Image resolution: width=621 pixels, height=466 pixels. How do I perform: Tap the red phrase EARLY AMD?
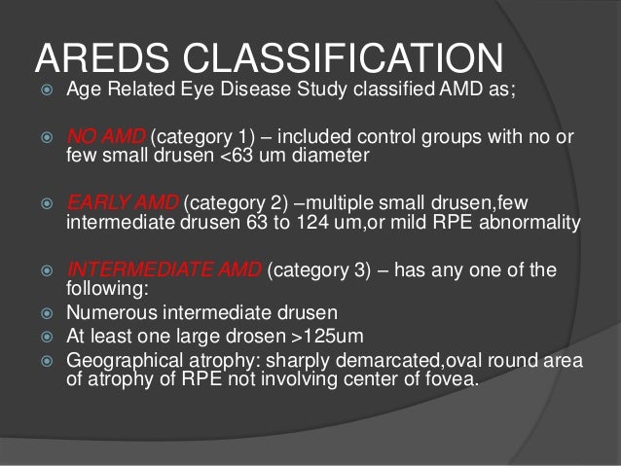coord(121,203)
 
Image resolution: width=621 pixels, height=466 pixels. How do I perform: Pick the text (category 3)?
coord(316,269)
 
